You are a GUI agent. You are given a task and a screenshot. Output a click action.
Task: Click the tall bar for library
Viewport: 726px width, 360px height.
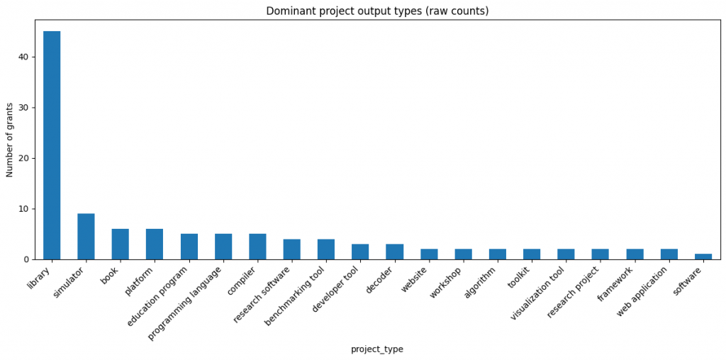(x=52, y=145)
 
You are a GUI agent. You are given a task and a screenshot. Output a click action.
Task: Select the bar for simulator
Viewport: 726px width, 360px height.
(x=86, y=237)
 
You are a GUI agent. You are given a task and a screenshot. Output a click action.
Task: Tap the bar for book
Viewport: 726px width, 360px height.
(x=121, y=244)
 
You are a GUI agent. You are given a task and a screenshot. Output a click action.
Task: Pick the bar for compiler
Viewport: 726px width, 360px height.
(x=257, y=247)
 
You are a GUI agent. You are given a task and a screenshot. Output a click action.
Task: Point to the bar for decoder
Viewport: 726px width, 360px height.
(x=394, y=252)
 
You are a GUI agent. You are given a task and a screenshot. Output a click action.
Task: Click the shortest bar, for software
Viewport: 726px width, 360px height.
(x=703, y=257)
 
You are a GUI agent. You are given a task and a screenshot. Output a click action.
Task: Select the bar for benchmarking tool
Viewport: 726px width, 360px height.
(x=326, y=249)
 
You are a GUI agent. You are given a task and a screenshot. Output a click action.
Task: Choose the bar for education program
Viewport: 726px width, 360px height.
(x=189, y=247)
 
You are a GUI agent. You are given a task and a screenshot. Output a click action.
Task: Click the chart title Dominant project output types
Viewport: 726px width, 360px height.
(x=376, y=11)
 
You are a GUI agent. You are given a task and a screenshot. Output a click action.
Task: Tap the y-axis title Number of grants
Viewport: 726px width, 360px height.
(x=11, y=139)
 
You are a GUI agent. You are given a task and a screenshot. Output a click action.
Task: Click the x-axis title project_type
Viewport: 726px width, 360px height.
(x=376, y=349)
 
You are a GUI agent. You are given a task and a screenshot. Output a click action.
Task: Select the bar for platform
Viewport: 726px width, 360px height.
(x=155, y=244)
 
